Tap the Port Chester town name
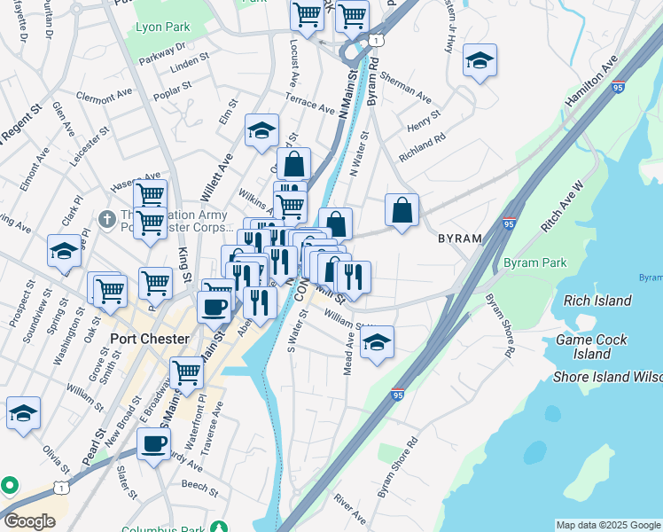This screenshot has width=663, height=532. pyautogui.click(x=150, y=339)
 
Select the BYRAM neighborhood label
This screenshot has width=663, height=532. pyautogui.click(x=459, y=239)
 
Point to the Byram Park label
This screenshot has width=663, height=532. pyautogui.click(x=534, y=263)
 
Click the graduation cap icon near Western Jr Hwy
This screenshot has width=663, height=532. pyautogui.click(x=480, y=61)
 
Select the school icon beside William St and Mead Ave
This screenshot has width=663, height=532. pyautogui.click(x=377, y=342)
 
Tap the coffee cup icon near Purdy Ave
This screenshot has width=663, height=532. pyautogui.click(x=153, y=443)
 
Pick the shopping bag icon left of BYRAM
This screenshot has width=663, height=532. pyautogui.click(x=402, y=211)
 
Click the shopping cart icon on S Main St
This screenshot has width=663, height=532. pyautogui.click(x=186, y=372)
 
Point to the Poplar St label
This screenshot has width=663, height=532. pyautogui.click(x=172, y=88)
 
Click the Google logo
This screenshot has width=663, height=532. pyautogui.click(x=29, y=520)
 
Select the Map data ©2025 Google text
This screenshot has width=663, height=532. pyautogui.click(x=607, y=525)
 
